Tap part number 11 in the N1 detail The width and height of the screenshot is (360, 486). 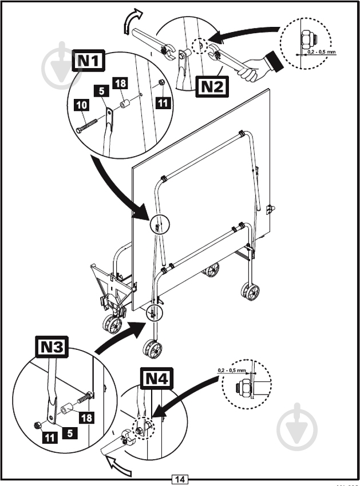point(163,103)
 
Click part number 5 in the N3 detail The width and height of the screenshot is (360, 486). point(69,433)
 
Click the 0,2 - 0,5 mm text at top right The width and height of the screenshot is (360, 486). point(322,52)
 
